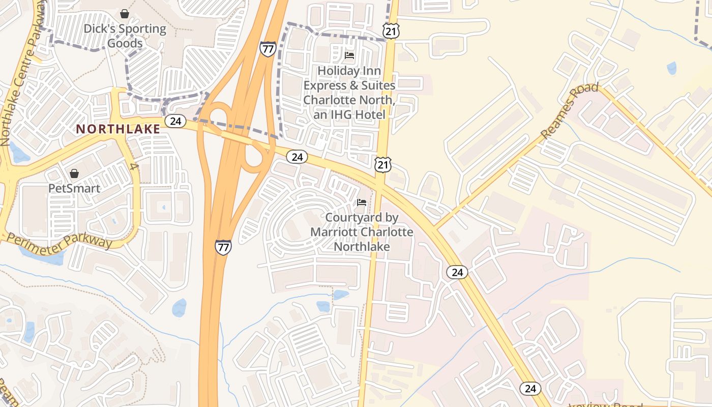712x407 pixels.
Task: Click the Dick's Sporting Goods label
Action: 125,36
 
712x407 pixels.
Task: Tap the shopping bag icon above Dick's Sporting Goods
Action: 125,14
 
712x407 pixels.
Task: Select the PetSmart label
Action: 74,188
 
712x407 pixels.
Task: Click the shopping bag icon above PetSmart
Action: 74,174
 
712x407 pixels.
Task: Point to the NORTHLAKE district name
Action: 118,129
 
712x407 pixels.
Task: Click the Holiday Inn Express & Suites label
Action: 349,93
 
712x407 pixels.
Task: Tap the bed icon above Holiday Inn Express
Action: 349,55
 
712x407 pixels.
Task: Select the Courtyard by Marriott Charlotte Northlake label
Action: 362,232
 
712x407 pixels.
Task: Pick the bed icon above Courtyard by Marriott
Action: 362,202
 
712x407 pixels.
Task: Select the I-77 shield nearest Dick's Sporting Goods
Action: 268,49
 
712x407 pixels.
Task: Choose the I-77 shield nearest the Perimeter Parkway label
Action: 223,247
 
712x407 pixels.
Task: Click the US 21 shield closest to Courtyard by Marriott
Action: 383,164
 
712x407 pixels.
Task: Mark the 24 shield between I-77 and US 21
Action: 297,157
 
